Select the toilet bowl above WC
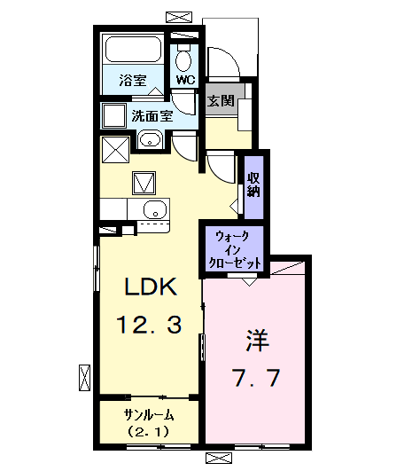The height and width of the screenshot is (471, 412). click(x=183, y=59)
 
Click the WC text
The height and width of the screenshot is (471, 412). click(x=185, y=81)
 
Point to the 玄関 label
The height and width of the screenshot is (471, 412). click(x=221, y=100)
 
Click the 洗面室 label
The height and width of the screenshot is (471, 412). click(x=153, y=114)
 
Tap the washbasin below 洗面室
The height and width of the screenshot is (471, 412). click(x=149, y=139)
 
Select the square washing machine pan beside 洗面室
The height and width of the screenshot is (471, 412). click(x=113, y=116)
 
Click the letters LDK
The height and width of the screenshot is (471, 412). click(x=151, y=287)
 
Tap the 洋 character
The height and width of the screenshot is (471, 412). click(x=256, y=340)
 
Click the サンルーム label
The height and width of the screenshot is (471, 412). click(x=148, y=415)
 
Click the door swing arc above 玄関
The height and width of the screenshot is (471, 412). click(x=222, y=62)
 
